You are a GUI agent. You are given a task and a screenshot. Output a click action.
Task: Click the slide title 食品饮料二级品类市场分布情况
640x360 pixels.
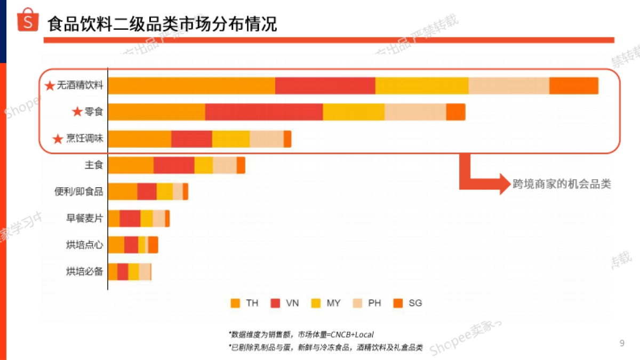[162, 24]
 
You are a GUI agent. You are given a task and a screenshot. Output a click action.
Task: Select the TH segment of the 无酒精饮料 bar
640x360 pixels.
[191, 86]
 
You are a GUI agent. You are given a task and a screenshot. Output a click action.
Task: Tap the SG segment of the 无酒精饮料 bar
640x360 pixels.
[573, 86]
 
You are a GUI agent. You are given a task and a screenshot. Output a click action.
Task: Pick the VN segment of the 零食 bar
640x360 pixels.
[264, 112]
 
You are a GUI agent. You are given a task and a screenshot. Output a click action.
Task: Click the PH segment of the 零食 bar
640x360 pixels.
[415, 112]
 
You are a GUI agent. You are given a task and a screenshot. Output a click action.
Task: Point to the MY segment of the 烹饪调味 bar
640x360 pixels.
[231, 139]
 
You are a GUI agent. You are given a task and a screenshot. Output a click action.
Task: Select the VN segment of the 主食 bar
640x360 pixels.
[174, 165]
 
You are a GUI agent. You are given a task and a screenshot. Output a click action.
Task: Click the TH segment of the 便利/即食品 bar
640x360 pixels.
[123, 191]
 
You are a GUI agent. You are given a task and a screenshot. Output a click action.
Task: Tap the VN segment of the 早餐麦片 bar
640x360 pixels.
[130, 218]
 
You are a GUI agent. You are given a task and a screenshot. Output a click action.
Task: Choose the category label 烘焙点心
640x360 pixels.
[84, 245]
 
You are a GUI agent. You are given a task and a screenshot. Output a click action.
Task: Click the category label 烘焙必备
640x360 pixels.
[84, 271]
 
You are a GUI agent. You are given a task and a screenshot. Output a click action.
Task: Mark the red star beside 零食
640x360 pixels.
[77, 112]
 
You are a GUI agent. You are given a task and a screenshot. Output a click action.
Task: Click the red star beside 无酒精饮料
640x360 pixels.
[50, 86]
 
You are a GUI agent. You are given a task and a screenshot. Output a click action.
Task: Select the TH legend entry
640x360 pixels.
[245, 303]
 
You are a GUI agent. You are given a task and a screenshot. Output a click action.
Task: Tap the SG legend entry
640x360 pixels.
[407, 303]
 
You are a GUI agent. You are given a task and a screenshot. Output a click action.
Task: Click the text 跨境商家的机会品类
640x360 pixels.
[562, 184]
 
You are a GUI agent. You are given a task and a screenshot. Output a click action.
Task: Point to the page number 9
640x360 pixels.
[622, 343]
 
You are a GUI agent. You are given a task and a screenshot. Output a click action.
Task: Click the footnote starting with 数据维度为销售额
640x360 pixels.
[302, 334]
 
